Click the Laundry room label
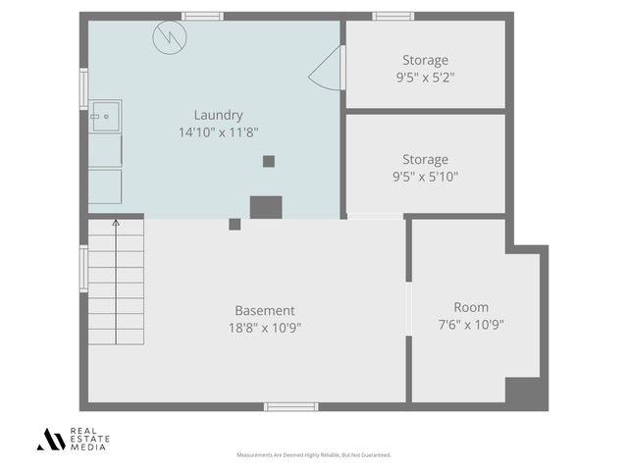218,115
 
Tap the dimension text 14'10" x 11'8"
218,131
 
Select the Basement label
264,311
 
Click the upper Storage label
425,61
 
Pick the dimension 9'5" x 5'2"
425,77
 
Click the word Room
471,307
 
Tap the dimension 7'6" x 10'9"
471,324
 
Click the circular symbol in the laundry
169,38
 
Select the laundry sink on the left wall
105,116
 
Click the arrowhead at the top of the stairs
116,224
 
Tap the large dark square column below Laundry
266,207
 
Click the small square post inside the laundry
268,161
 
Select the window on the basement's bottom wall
290,406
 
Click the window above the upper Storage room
393,16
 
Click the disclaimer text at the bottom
314,455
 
